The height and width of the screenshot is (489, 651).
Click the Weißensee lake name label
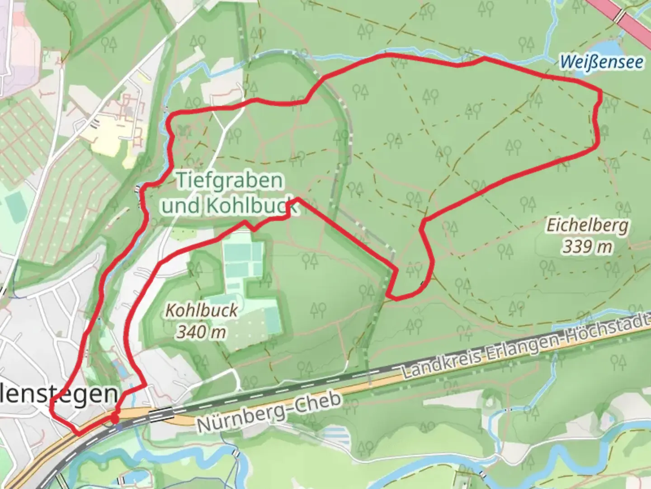[601, 62]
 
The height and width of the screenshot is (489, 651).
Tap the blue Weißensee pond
[604, 47]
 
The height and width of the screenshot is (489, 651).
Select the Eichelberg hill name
[587, 225]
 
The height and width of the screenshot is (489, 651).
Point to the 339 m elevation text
[587, 247]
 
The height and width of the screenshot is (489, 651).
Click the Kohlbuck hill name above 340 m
[202, 311]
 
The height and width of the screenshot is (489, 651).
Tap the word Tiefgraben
[230, 181]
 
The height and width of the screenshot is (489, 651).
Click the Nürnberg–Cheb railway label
[269, 412]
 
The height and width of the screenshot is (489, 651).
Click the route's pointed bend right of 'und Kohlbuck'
[297, 199]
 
